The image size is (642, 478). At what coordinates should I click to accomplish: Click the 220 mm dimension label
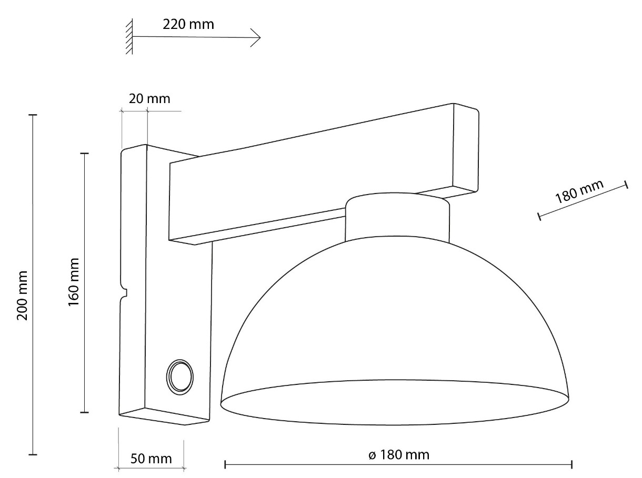pos(188,24)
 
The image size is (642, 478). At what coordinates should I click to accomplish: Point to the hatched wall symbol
pos(129,36)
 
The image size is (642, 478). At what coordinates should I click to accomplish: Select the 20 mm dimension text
pos(149,99)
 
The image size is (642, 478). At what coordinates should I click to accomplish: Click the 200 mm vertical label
pos(22,296)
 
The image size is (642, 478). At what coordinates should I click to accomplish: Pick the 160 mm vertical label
pos(74,282)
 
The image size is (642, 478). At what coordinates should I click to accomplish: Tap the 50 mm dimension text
pos(151,459)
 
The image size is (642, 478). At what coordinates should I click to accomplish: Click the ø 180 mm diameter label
pos(399,455)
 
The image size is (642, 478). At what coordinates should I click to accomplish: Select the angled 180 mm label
pos(579,191)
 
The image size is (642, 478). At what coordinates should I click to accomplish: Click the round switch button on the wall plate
pos(180,378)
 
